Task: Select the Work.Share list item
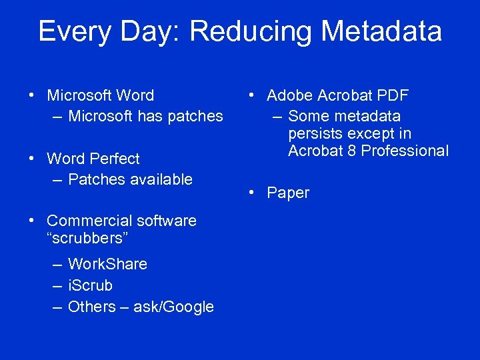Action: click(107, 264)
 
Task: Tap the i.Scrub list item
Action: click(90, 285)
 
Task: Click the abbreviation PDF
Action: click(394, 95)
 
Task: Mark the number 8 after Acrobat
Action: click(351, 151)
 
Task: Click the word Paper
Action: click(288, 193)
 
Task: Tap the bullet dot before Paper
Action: click(252, 193)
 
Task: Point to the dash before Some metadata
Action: click(276, 117)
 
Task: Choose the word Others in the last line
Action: click(93, 307)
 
